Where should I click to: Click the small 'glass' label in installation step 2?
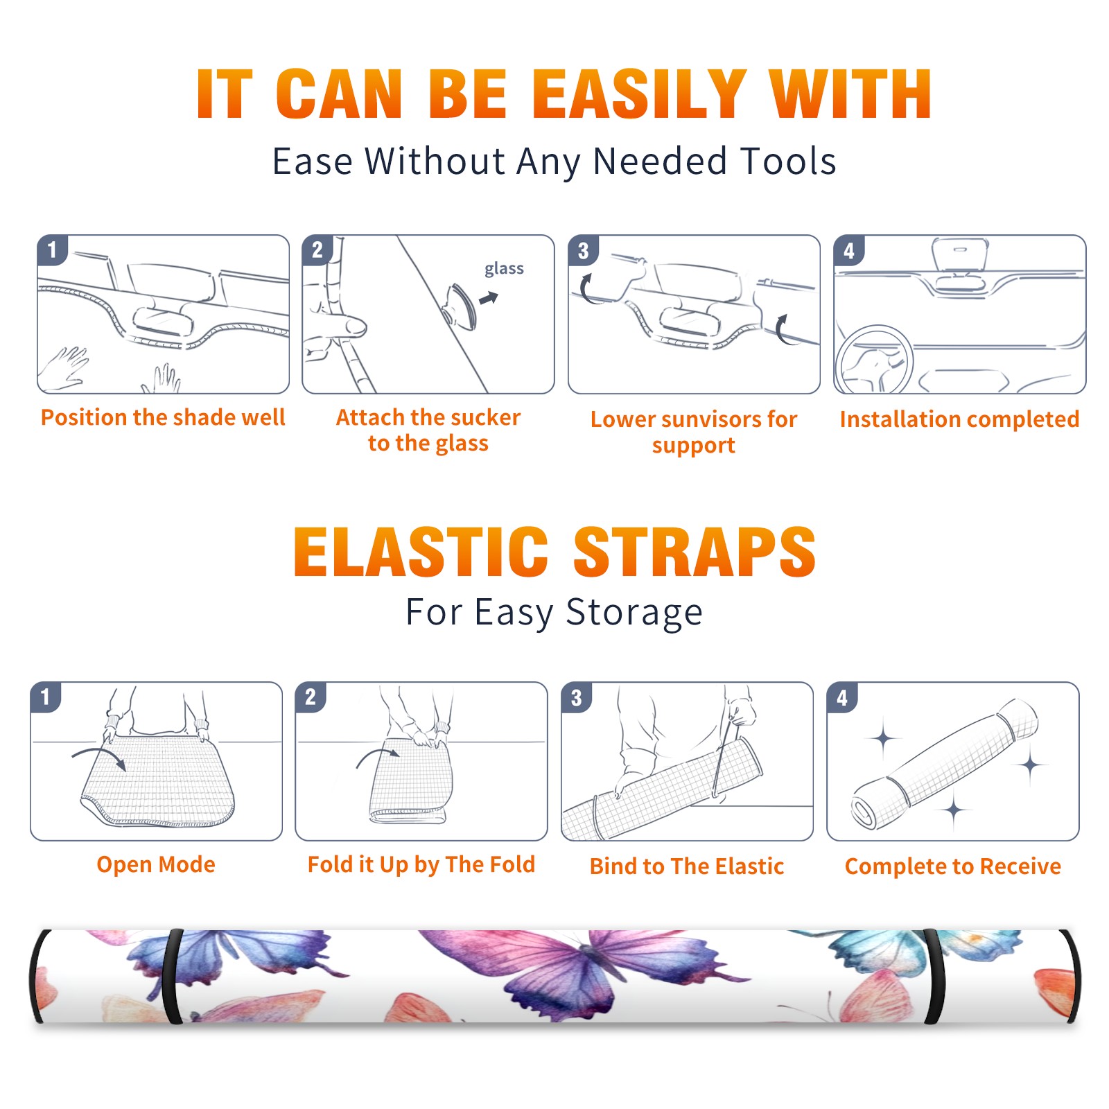point(504,269)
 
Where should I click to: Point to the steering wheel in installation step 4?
point(874,360)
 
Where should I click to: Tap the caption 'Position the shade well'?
point(163,417)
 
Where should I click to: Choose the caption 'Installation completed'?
point(959,419)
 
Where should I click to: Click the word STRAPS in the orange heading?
point(695,552)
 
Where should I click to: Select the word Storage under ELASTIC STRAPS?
point(634,613)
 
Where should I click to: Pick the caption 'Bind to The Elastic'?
point(686,866)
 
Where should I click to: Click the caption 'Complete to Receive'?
point(952,866)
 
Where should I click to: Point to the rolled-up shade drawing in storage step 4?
point(944,764)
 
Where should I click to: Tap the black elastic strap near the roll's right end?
point(936,977)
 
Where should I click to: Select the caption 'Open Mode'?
point(156,864)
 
